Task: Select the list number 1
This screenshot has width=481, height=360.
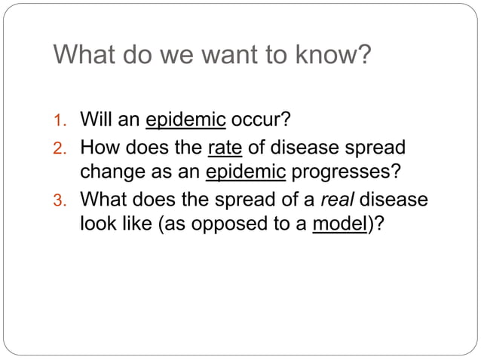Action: pos(63,121)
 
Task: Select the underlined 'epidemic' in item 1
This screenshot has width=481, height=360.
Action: pos(185,121)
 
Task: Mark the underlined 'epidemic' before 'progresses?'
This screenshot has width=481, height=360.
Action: pos(246,172)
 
